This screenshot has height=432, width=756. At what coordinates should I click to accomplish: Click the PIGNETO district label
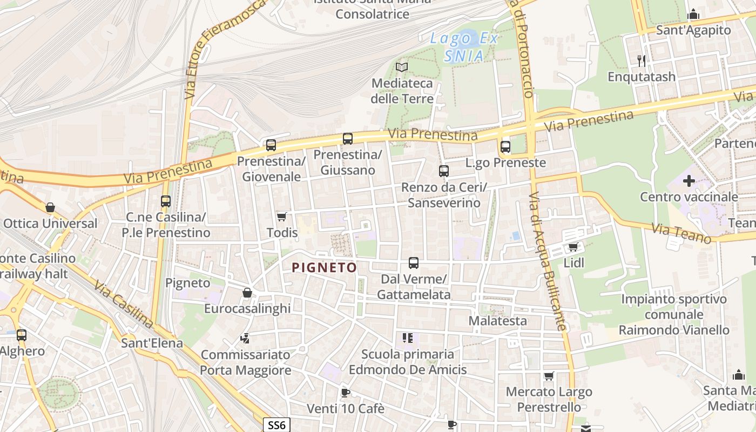click(324, 267)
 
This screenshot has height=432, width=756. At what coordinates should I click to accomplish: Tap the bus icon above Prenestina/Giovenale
click(271, 145)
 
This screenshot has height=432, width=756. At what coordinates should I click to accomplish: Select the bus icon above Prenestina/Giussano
click(348, 139)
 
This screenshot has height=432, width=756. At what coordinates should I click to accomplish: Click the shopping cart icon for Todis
click(281, 217)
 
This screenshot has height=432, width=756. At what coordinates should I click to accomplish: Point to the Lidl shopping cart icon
click(573, 247)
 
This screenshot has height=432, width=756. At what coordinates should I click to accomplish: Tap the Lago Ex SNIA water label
click(464, 46)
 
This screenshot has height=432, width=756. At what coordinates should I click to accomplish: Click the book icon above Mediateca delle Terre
click(402, 67)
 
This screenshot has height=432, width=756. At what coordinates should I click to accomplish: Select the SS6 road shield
click(276, 425)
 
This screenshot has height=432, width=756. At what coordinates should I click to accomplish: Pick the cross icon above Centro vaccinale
click(688, 181)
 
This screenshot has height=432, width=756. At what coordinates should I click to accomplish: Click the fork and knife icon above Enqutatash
click(641, 60)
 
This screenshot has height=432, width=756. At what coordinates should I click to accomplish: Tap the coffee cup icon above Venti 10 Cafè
click(345, 393)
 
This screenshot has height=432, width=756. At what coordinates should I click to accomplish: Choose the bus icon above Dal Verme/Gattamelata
click(414, 263)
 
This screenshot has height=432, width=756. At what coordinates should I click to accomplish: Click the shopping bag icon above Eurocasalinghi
click(247, 293)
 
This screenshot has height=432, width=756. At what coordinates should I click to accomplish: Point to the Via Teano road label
click(681, 234)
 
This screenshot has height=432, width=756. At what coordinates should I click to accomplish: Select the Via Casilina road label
click(124, 304)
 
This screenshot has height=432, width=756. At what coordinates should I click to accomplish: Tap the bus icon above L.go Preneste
click(505, 146)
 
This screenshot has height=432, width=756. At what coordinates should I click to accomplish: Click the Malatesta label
click(497, 321)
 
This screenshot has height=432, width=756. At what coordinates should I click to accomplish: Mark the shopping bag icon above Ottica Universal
click(50, 207)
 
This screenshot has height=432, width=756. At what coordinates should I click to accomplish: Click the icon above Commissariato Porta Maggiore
click(245, 339)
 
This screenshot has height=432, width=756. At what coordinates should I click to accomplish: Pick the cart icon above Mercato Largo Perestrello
click(549, 376)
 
